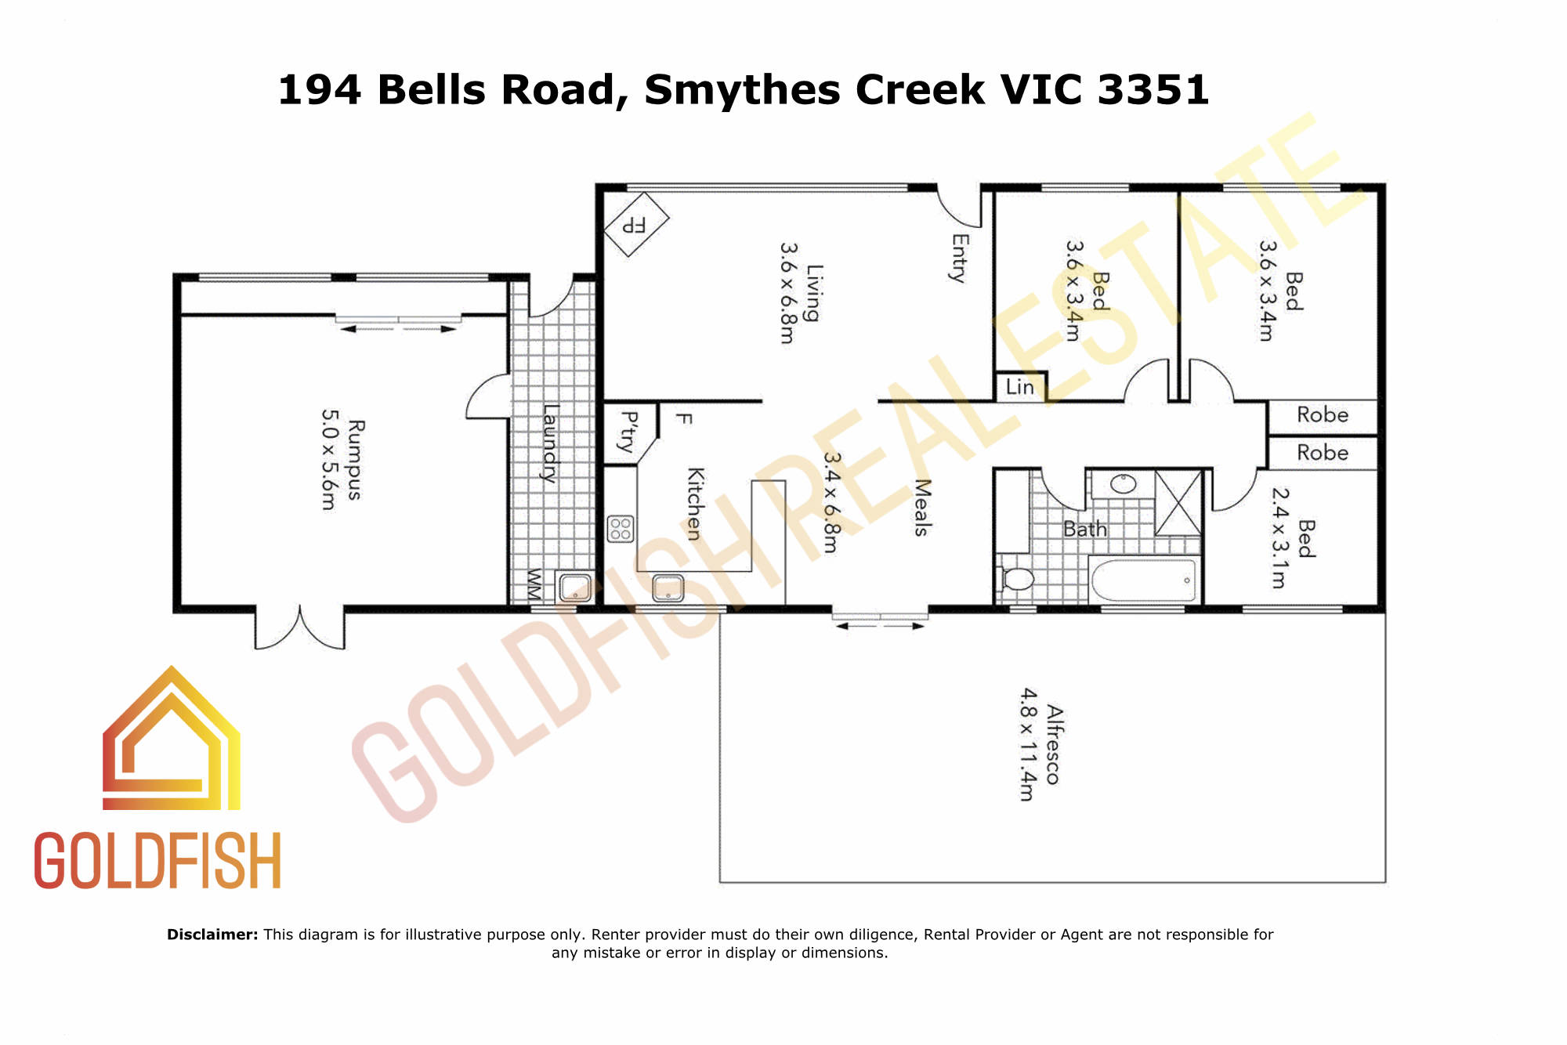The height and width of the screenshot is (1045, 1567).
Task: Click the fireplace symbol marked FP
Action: (636, 225)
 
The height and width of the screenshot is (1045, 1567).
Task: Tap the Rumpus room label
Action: (355, 460)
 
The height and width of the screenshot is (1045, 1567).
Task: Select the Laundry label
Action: (552, 443)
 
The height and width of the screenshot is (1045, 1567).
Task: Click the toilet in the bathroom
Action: (1015, 579)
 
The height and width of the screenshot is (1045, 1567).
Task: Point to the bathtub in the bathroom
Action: (1143, 580)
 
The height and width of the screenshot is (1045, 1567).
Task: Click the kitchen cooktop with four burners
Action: (621, 529)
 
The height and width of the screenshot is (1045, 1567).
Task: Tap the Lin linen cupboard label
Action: (1019, 387)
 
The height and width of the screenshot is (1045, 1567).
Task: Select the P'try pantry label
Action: (628, 432)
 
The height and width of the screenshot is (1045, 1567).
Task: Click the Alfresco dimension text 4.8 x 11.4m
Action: (1028, 744)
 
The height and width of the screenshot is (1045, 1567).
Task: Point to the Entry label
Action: (960, 258)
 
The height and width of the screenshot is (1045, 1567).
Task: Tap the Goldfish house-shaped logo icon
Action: (172, 738)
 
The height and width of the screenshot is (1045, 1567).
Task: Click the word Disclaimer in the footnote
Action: (212, 935)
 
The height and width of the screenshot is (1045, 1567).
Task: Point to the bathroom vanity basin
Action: (1123, 484)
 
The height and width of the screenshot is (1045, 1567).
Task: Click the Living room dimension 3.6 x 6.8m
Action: (788, 292)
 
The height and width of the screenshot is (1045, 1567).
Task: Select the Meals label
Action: (922, 508)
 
